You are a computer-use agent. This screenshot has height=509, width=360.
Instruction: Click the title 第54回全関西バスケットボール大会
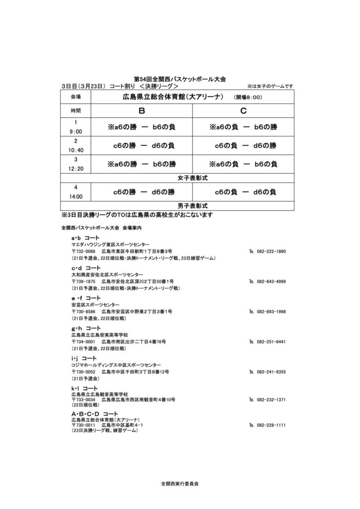point(180,79)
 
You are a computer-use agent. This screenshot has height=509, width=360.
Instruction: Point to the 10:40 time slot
point(76,150)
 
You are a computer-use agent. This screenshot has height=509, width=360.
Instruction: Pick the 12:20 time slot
point(76,169)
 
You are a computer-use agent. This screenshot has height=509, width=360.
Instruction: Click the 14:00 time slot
point(76,196)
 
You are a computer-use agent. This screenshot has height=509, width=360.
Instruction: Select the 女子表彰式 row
point(192,177)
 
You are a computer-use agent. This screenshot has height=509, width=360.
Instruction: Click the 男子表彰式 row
point(192,205)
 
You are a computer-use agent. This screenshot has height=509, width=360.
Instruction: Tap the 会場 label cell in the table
point(76,96)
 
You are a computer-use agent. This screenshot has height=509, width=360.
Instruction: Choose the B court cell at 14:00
point(141,192)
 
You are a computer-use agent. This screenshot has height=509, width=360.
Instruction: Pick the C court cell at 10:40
point(243,146)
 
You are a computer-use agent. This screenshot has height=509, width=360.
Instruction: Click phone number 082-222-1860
point(271,252)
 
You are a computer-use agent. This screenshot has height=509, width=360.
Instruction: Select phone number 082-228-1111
point(271,425)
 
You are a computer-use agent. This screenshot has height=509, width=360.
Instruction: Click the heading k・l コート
point(85,388)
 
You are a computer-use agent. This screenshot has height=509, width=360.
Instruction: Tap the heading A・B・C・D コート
point(95,414)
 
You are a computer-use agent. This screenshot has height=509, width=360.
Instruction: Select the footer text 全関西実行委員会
point(180,483)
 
